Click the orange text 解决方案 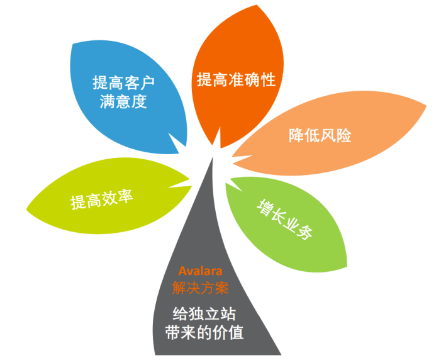tap(200, 289)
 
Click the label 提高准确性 tap(236, 80)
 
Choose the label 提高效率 tap(101, 200)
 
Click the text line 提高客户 tap(123, 82)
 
